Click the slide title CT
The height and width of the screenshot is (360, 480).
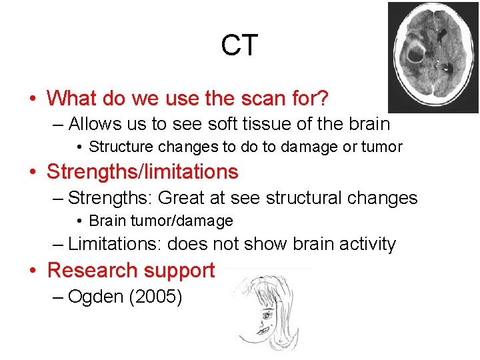point(239,45)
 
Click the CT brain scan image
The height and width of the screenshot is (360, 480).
point(433,57)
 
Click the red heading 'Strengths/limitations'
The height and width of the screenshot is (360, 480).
point(142,172)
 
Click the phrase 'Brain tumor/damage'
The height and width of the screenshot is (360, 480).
point(161,221)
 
